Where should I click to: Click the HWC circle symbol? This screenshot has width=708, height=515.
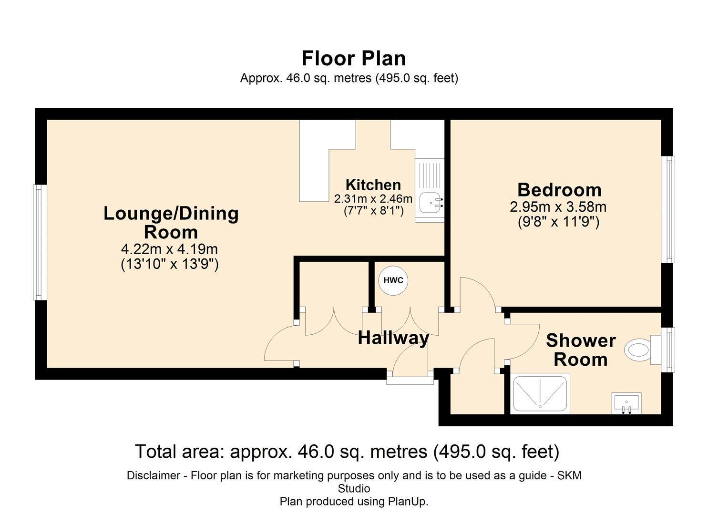[393, 280]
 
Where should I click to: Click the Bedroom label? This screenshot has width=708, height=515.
[559, 190]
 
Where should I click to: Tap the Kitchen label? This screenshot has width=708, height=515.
[373, 185]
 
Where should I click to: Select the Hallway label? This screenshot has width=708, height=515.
[393, 338]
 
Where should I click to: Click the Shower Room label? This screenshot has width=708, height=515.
[580, 350]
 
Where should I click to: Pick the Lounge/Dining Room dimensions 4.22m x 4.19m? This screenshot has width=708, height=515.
[169, 249]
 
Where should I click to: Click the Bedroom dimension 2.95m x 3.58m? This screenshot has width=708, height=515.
[558, 207]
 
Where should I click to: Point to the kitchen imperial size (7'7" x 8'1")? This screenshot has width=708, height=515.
[373, 210]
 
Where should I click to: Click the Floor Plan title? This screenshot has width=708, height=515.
[353, 58]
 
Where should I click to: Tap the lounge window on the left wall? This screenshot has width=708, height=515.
[39, 242]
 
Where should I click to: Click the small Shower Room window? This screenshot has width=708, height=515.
[670, 349]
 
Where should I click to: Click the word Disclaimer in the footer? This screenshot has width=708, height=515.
[153, 475]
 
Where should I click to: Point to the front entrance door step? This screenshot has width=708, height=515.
[410, 380]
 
